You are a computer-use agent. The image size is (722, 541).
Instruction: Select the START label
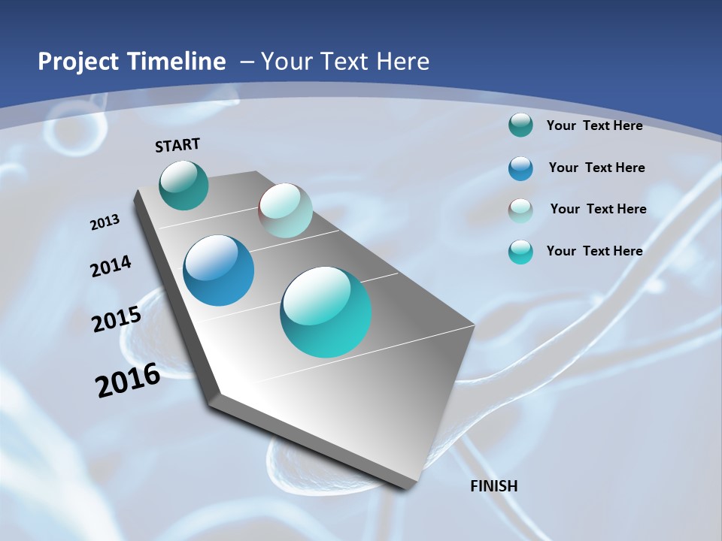[x=177, y=145]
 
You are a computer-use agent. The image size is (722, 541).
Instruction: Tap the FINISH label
[x=493, y=486]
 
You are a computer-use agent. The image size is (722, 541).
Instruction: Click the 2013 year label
[x=105, y=222]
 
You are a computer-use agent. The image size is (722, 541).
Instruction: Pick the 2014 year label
[x=111, y=267]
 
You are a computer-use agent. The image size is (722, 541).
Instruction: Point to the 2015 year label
[x=116, y=319]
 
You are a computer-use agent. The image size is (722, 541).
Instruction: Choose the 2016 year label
[x=128, y=380]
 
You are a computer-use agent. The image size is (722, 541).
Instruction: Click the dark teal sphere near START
[x=184, y=186]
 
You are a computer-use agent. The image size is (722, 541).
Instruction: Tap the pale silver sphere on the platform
[x=285, y=210]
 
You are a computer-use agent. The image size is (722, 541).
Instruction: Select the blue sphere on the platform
[x=218, y=270]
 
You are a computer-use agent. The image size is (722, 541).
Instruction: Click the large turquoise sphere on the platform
[x=326, y=312]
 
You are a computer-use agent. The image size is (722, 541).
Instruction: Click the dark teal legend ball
[x=520, y=125]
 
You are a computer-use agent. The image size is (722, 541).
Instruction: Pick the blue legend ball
[x=520, y=168]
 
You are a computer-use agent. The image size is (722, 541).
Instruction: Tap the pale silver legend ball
[x=520, y=210]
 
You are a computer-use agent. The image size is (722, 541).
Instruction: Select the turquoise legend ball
[x=520, y=252]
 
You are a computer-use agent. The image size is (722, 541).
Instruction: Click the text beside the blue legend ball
[x=596, y=168]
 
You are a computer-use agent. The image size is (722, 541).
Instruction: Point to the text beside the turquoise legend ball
[x=594, y=251]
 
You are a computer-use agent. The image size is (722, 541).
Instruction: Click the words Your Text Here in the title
[x=345, y=62]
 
